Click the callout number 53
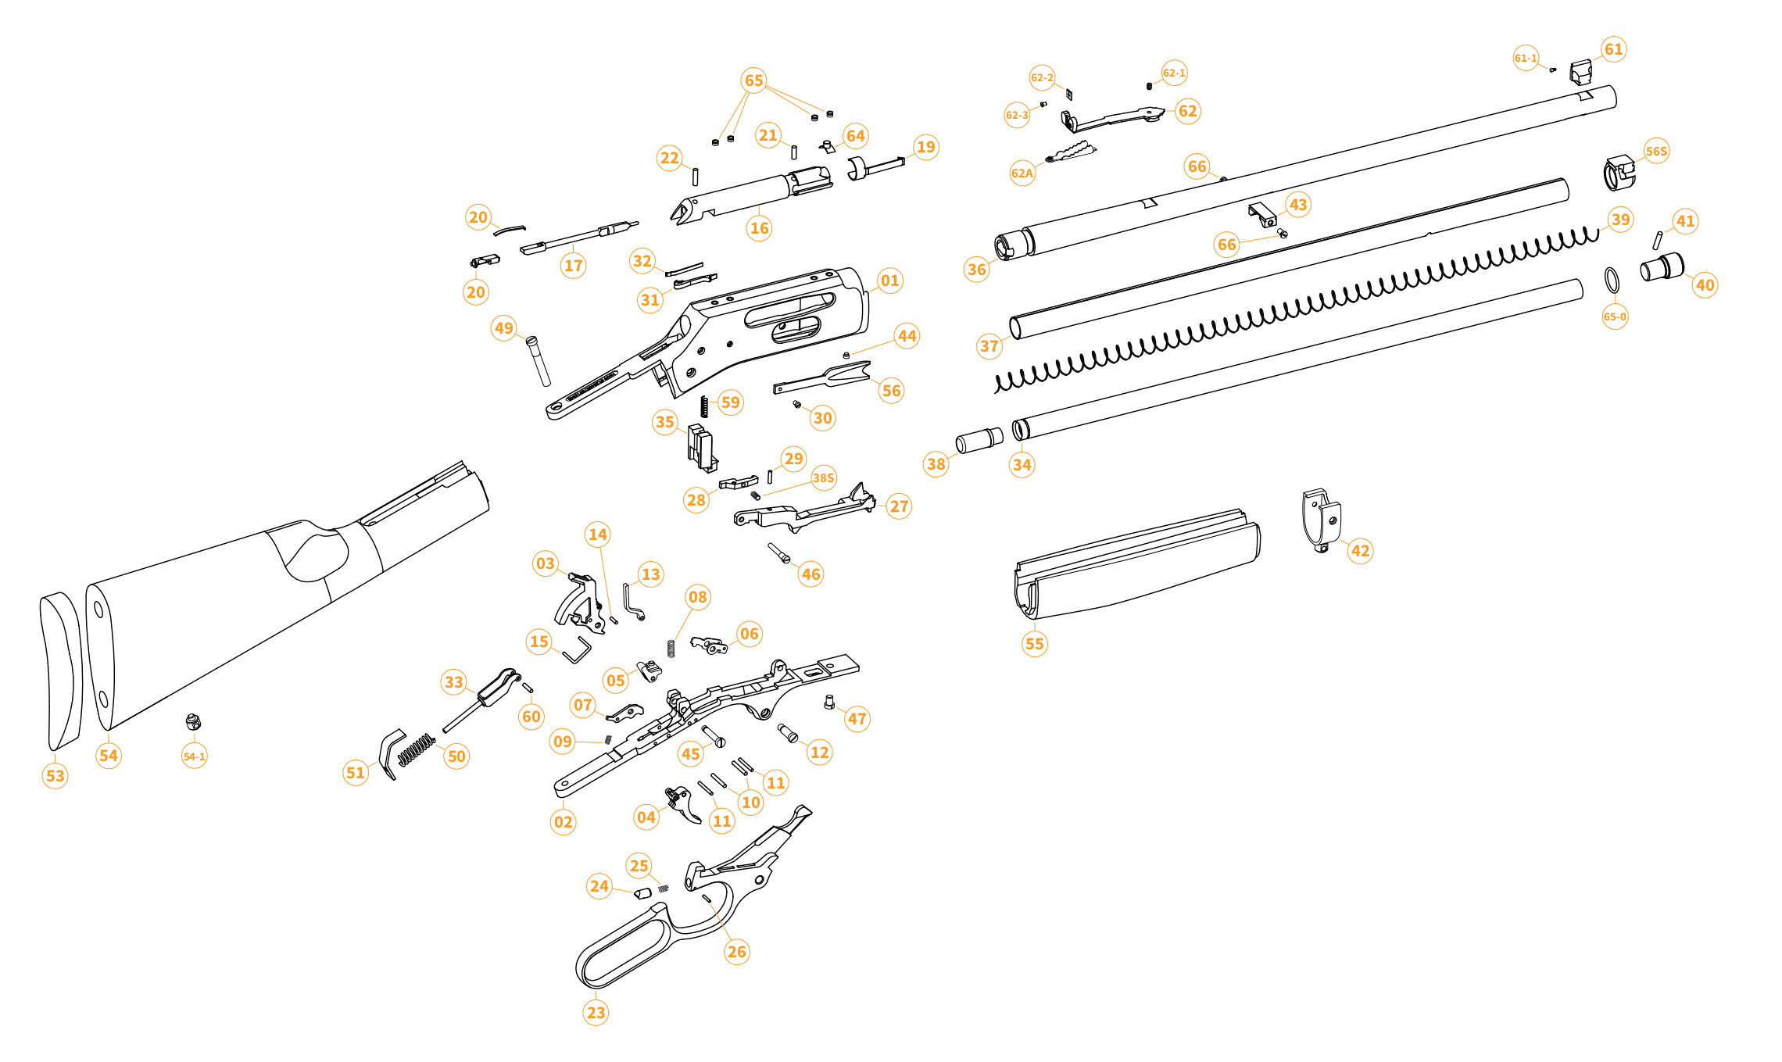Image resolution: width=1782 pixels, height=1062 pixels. click(55, 775)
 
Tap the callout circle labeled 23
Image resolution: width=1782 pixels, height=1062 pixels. click(596, 1012)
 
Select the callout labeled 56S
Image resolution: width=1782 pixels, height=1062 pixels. click(1656, 152)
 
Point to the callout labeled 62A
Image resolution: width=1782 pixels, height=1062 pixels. click(1022, 173)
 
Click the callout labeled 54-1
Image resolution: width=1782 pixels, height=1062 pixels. click(194, 756)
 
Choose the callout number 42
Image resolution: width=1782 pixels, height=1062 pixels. click(1360, 550)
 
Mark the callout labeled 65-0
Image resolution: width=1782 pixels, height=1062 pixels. click(1615, 316)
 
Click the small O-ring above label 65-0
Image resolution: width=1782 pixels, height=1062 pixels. click(1612, 280)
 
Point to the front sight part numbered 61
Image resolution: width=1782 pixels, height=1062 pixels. click(1581, 73)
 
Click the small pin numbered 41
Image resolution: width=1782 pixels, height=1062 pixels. click(1656, 240)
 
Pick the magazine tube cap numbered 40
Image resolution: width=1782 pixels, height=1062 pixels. click(1662, 267)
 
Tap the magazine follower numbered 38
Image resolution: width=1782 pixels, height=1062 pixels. click(979, 440)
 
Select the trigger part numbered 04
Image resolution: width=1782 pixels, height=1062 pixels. click(684, 805)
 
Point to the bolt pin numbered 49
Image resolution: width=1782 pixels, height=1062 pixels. click(539, 361)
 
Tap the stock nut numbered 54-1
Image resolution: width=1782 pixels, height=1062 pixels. click(193, 721)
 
